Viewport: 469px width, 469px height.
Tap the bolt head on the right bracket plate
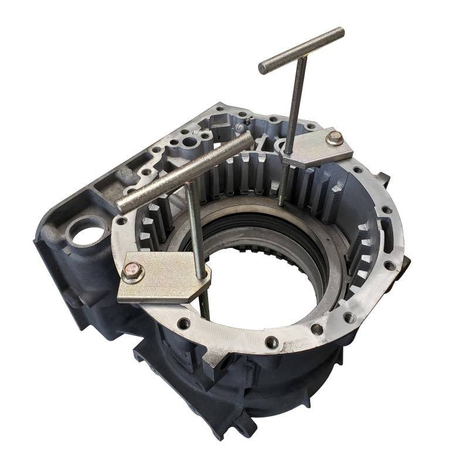(x=334, y=138)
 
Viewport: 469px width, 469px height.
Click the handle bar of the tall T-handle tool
(x=301, y=50)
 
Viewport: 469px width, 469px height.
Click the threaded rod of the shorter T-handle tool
(x=195, y=229)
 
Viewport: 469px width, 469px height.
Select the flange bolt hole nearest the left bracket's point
(x=184, y=322)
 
